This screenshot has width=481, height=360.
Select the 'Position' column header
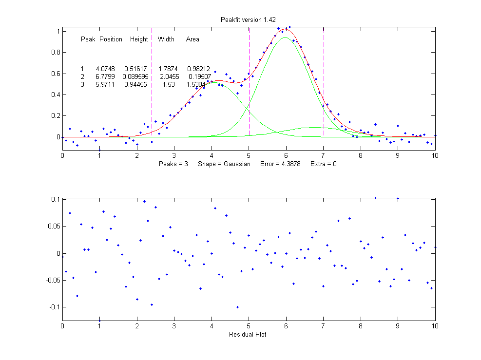(x=111, y=39)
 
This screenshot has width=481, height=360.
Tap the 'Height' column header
(x=139, y=39)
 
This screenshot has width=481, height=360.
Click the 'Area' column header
(x=192, y=39)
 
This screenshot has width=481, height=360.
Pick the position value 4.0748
(x=106, y=69)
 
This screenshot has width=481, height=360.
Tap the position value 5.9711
(x=105, y=85)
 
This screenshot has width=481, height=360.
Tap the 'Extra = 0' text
(x=323, y=164)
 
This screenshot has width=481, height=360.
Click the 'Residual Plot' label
(x=249, y=335)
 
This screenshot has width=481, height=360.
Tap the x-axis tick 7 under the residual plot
(x=324, y=326)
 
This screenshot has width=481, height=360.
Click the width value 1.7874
(x=168, y=69)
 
